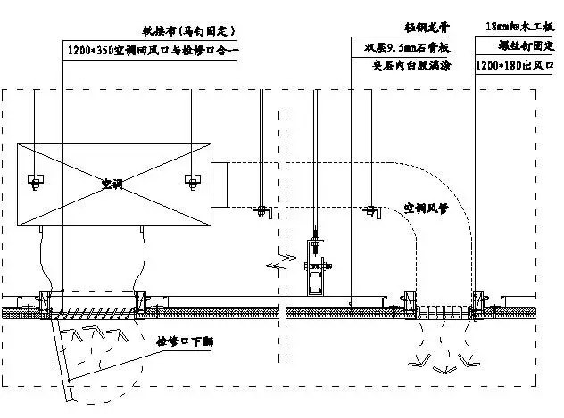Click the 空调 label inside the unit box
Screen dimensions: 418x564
(x=112, y=184)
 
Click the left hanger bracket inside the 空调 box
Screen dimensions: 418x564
(x=36, y=181)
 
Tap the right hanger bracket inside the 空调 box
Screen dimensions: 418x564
(x=191, y=181)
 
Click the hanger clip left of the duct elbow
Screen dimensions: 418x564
(x=262, y=210)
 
